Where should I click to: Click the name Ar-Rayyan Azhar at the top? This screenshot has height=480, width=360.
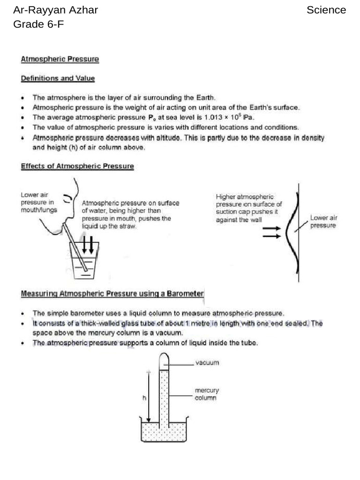[55, 10]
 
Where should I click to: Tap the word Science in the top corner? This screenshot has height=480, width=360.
[326, 10]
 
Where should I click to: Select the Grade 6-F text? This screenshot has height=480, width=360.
[38, 24]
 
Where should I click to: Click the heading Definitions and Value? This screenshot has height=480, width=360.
[58, 78]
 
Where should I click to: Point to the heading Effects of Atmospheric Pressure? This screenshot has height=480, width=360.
[77, 166]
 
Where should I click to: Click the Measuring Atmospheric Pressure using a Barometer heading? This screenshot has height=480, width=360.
[112, 294]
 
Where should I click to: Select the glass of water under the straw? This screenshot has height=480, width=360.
[83, 262]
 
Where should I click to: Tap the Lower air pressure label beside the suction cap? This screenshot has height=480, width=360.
[323, 221]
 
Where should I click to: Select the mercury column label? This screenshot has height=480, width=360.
[207, 394]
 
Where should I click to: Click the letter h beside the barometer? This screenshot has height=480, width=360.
[143, 397]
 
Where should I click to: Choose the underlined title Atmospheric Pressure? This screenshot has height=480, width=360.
[60, 59]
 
